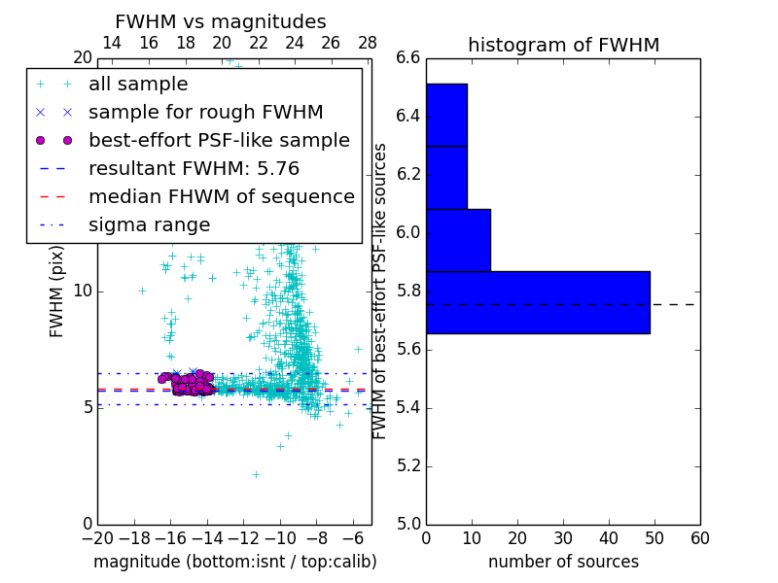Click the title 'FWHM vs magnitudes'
coord(220,21)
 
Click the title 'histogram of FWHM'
coord(563,45)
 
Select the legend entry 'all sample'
coord(138,85)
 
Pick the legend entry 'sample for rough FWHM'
coord(205,113)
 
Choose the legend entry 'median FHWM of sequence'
coord(221,197)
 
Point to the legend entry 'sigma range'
coord(149,225)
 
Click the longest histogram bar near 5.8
coord(538,302)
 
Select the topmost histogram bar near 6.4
coord(446,115)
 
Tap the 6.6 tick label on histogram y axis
coord(408,58)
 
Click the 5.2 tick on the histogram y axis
coord(408,465)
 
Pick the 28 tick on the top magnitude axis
coord(368,43)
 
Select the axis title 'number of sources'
coord(563,562)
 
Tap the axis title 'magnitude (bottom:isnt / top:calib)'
coord(234,562)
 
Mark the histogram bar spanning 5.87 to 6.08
coord(458,240)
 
